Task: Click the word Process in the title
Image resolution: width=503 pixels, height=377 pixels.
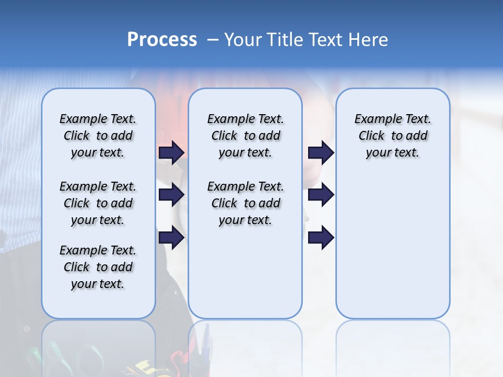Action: tap(162, 40)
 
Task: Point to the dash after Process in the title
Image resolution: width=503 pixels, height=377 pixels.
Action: tap(213, 40)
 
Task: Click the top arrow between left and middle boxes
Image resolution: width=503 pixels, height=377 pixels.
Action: tap(171, 152)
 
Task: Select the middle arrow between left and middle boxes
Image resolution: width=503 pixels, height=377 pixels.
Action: tap(171, 195)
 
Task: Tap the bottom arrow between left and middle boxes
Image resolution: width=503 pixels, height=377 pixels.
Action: tap(171, 237)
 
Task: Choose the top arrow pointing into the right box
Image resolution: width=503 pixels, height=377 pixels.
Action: tap(321, 152)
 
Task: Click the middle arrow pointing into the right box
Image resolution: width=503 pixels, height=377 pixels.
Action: tap(321, 195)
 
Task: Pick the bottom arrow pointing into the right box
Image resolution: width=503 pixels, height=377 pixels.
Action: tap(321, 237)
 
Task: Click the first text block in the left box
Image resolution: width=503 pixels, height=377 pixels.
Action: tap(98, 136)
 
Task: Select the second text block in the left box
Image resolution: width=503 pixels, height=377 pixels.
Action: tap(98, 203)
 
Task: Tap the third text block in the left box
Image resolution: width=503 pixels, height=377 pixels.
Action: tap(98, 267)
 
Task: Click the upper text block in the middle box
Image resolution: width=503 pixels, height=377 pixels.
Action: tap(245, 136)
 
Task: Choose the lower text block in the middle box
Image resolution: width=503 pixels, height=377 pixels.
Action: tap(245, 203)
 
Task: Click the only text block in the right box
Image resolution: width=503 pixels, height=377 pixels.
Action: tap(392, 136)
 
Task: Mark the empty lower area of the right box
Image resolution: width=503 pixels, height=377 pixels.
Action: tap(392, 246)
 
